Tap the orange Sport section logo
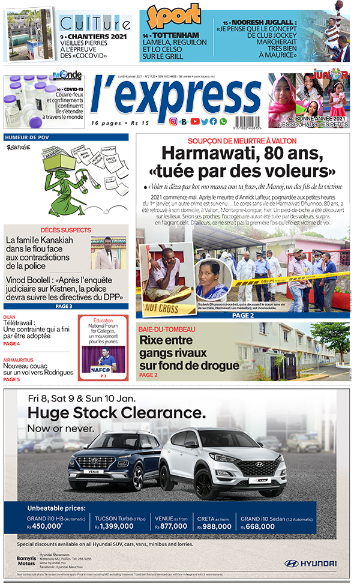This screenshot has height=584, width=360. [x=174, y=18]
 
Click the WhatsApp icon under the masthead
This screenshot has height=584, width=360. [x=223, y=122]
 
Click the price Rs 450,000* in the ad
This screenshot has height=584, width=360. [x=45, y=526]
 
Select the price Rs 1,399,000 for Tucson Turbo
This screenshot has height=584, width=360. [x=114, y=526]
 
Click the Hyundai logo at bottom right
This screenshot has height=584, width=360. [x=310, y=564]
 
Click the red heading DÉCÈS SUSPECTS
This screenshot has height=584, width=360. [x=66, y=230]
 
